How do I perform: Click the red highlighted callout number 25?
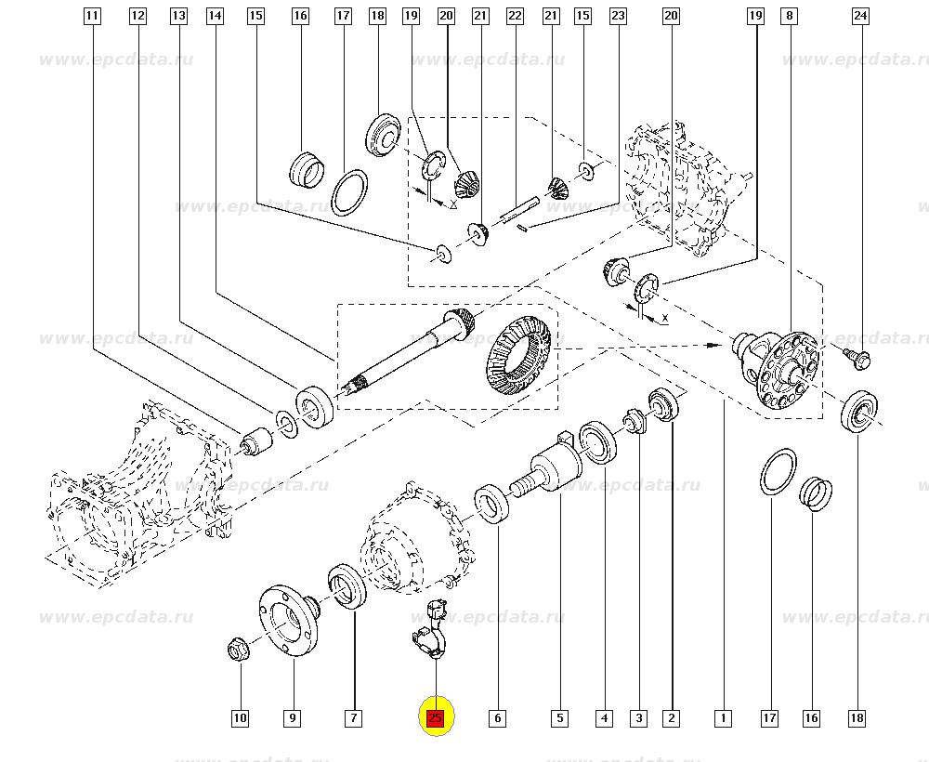pyautogui.click(x=435, y=717)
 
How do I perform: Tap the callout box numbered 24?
pyautogui.click(x=860, y=16)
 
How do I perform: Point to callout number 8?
pyautogui.click(x=789, y=16)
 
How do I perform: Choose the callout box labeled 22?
pyautogui.click(x=515, y=16)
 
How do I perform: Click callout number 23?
pyautogui.click(x=618, y=16)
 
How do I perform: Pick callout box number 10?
pyautogui.click(x=240, y=717)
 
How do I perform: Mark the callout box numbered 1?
pyautogui.click(x=722, y=717)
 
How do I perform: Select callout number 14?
pyautogui.click(x=216, y=16)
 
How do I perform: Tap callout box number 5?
pyautogui.click(x=559, y=717)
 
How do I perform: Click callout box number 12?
pyautogui.click(x=137, y=16)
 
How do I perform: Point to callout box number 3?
pyautogui.click(x=638, y=717)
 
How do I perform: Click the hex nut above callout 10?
pyautogui.click(x=239, y=649)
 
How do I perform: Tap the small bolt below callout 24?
pyautogui.click(x=857, y=355)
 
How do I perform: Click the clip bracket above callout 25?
pyautogui.click(x=429, y=632)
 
